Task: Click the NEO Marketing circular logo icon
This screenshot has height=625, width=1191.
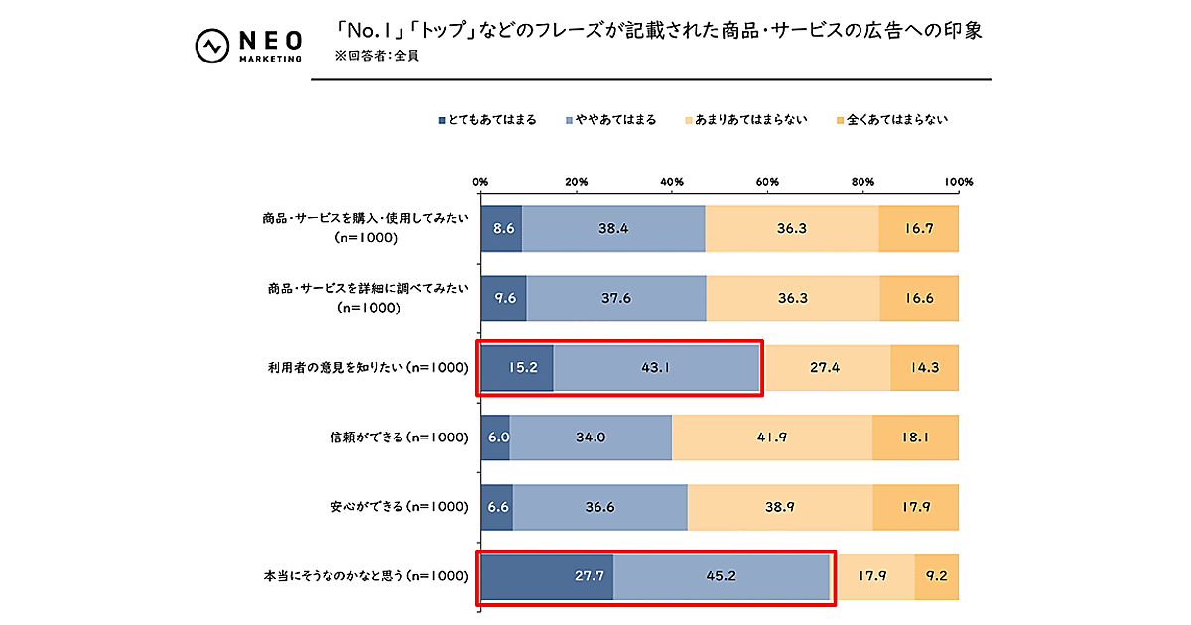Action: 210,47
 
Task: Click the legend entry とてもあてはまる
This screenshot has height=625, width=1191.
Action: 487,120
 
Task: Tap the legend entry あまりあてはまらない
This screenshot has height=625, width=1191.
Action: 744,120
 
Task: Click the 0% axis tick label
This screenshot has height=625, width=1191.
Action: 480,182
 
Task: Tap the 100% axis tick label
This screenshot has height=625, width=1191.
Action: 959,182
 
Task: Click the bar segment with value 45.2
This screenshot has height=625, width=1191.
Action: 721,576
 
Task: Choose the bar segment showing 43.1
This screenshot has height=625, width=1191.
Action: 657,367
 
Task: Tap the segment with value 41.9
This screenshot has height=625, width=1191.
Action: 772,437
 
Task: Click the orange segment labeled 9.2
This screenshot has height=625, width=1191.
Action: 937,576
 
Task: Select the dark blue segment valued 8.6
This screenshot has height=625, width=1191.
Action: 501,228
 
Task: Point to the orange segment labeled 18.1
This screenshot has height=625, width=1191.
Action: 915,437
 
